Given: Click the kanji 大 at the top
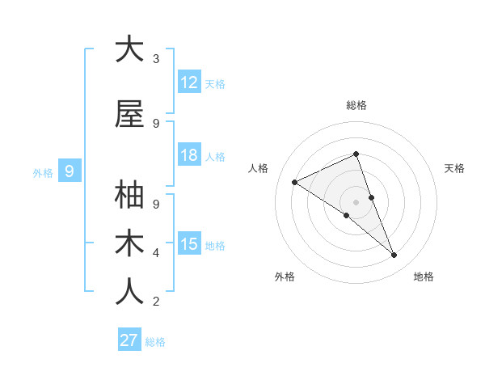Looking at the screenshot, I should [129, 49].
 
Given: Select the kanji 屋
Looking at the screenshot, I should [129, 114].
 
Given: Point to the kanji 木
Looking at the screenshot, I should [129, 243].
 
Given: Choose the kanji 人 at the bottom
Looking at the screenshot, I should [129, 292].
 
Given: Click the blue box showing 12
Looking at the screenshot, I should [189, 82].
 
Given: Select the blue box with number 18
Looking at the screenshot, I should [189, 155].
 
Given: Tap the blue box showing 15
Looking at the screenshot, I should [189, 244].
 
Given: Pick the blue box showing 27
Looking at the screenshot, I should [129, 340].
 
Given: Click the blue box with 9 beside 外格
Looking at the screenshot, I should [70, 171].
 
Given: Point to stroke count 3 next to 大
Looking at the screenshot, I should [156, 59].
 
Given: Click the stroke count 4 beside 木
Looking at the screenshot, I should [156, 253].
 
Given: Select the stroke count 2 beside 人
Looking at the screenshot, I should [156, 302].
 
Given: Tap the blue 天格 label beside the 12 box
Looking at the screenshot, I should [215, 83].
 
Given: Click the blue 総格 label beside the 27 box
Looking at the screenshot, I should [155, 342].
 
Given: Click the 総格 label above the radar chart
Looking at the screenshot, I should [356, 105].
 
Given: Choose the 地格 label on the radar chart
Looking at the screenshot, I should [424, 277].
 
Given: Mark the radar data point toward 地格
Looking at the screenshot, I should [394, 255].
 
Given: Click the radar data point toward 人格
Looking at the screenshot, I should [294, 182].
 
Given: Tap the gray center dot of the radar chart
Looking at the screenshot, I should [356, 201].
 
